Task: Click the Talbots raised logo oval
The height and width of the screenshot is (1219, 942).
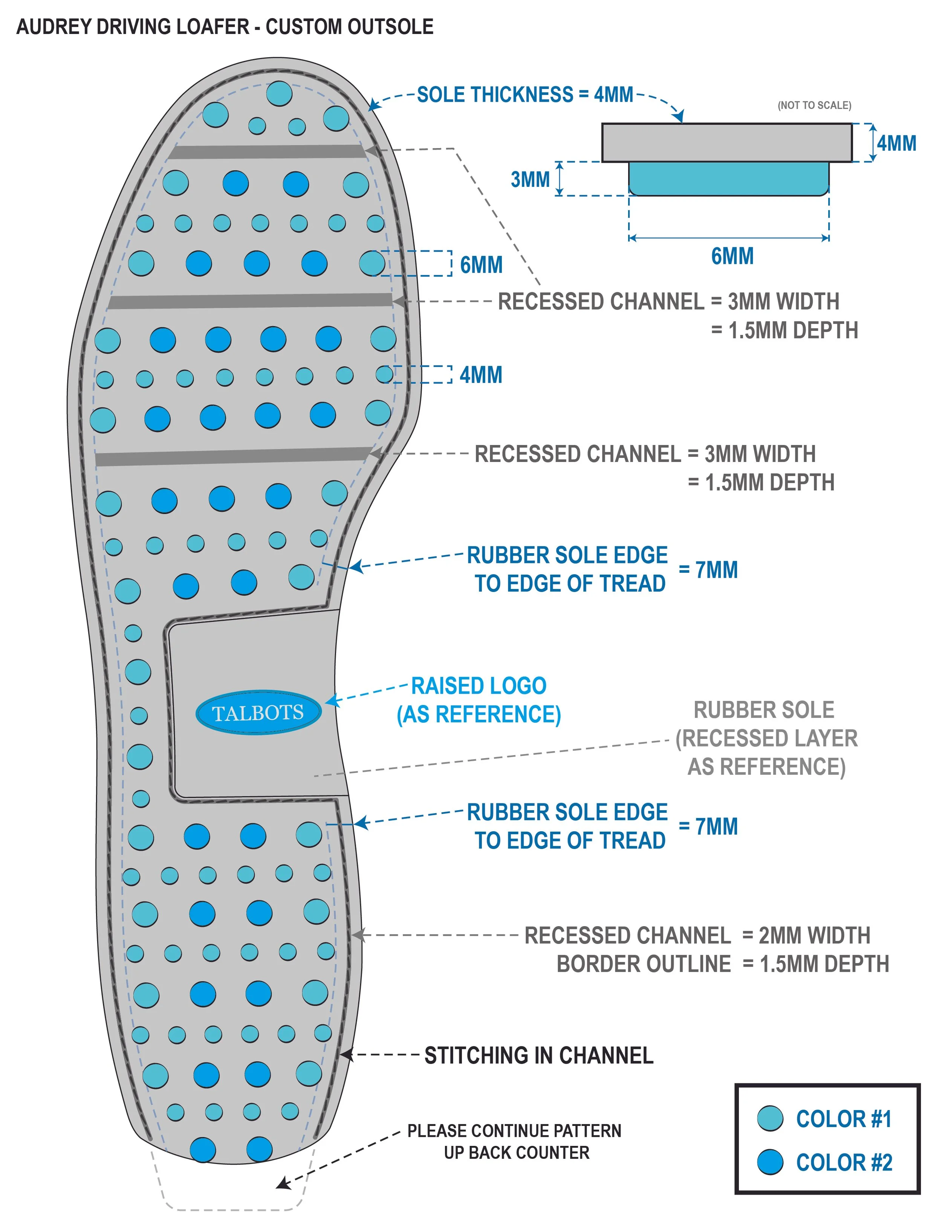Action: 258,713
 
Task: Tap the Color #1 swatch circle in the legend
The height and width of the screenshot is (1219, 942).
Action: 770,1118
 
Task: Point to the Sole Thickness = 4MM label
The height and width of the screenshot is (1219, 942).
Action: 525,95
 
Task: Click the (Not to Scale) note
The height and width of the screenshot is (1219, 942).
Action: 814,105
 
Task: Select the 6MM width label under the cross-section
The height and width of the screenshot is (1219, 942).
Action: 732,256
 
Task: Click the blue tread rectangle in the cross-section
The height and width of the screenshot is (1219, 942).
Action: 728,179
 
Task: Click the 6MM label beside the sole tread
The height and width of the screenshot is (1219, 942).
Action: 481,265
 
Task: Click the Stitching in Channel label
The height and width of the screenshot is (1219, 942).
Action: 538,1055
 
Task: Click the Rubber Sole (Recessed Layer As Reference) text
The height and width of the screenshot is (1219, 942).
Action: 766,738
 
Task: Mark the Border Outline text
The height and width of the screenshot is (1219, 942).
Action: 644,964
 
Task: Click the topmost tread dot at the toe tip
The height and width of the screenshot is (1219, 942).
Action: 279,93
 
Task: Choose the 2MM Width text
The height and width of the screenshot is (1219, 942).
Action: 814,935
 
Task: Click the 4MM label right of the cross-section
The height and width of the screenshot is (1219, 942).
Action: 896,144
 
